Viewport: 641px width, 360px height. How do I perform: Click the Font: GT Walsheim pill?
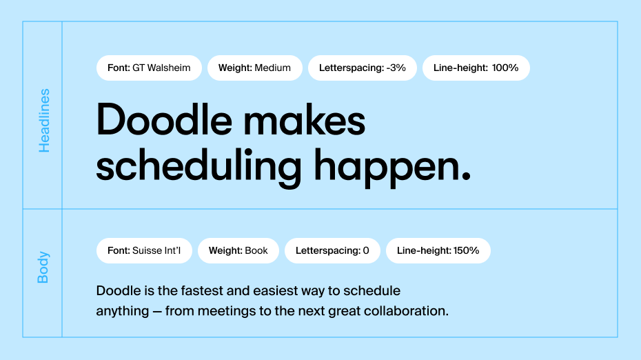pos(149,68)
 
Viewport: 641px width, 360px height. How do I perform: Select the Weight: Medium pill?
pos(255,68)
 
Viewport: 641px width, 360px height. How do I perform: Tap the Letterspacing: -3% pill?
pos(362,68)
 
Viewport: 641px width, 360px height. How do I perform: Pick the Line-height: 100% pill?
pos(476,68)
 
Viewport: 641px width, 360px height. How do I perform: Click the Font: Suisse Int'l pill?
pos(144,251)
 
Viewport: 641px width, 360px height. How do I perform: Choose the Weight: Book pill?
pos(238,251)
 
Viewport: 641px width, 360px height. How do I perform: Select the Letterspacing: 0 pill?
pos(332,251)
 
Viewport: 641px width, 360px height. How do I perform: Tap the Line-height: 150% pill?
pos(438,251)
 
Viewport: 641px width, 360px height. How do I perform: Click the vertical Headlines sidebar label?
pos(43,121)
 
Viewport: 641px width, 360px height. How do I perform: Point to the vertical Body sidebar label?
pos(43,267)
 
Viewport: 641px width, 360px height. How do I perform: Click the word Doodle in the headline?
pos(164,119)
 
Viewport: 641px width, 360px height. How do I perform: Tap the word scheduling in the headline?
pos(199,168)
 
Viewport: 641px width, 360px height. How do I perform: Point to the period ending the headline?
pos(466,176)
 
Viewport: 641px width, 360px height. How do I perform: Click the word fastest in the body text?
pos(203,291)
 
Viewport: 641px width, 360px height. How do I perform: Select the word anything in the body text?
pos(123,312)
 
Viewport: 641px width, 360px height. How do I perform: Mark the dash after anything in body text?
pos(157,312)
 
